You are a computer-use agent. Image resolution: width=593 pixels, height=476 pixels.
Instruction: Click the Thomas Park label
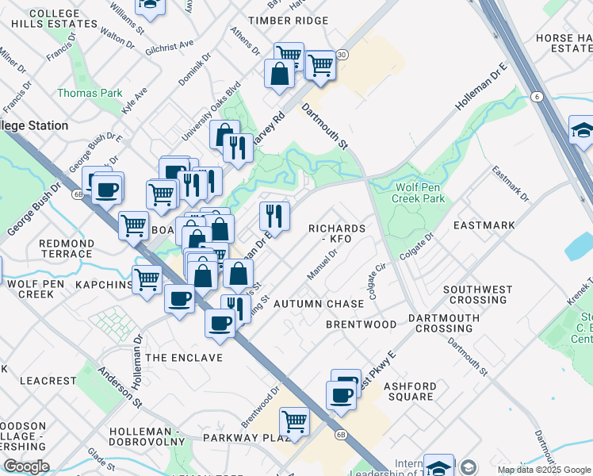pos(90,93)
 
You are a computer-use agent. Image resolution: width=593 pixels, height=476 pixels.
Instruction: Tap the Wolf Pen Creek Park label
pos(419,193)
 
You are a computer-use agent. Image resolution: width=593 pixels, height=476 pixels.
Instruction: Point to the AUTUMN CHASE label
pos(319,304)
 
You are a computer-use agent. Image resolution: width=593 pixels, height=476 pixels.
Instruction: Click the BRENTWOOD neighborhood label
pos(362,324)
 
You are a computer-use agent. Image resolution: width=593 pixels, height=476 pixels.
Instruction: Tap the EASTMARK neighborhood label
pos(484,225)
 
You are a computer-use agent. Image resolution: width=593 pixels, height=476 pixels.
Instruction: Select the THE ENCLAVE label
pos(184,358)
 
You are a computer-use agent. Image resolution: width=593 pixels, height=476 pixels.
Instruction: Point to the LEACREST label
pos(47,381)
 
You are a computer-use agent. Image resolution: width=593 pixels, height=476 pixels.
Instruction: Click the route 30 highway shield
pos(342,55)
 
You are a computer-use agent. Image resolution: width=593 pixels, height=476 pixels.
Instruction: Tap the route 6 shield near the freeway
pos(537,97)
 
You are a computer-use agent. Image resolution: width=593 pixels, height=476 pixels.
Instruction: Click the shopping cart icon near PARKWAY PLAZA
pos(294,420)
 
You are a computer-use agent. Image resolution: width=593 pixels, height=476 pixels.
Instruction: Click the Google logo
pos(26,466)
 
